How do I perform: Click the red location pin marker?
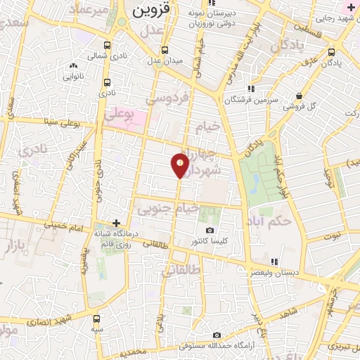(180, 165)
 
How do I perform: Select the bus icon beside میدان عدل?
(165, 50)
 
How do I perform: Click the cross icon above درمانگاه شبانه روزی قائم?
(116, 222)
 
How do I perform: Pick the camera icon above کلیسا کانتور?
(209, 231)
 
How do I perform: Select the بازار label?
(11, 247)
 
